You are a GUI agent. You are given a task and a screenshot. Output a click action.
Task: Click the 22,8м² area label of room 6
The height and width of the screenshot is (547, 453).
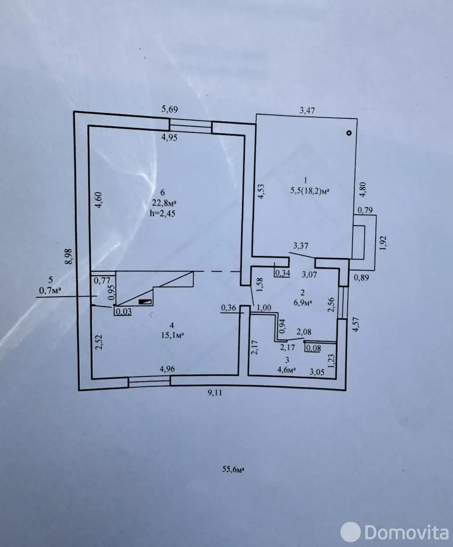(164, 203)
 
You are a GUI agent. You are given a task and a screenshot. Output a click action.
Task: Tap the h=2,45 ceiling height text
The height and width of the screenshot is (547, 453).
(163, 213)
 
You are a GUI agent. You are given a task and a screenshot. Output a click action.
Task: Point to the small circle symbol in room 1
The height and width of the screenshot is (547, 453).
(349, 133)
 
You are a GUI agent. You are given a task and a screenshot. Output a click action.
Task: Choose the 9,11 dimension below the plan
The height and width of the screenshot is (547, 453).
(215, 392)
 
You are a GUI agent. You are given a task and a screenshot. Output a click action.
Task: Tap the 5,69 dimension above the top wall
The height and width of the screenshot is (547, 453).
(170, 109)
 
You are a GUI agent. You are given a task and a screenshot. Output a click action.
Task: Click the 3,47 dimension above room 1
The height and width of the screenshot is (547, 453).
(307, 110)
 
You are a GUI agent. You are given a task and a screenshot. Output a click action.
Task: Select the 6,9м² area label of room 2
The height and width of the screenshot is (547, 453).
(303, 303)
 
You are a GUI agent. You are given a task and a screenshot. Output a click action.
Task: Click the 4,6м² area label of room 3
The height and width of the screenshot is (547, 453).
(286, 370)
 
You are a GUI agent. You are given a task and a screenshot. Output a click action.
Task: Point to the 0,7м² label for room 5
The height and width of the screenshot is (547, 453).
(50, 290)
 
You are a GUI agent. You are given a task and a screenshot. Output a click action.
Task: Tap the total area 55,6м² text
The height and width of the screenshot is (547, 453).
(233, 469)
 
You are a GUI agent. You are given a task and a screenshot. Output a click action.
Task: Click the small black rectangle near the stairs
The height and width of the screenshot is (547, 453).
(145, 301)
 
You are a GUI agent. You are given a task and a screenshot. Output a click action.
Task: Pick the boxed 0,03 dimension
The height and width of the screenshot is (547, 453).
(123, 311)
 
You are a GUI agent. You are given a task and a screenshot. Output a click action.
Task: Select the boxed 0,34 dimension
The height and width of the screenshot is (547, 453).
(283, 273)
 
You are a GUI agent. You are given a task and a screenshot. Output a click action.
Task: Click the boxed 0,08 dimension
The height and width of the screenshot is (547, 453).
(313, 348)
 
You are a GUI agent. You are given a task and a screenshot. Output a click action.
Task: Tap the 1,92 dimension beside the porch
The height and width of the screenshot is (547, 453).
(383, 243)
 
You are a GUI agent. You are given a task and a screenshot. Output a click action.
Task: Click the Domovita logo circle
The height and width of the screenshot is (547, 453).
(350, 532)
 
